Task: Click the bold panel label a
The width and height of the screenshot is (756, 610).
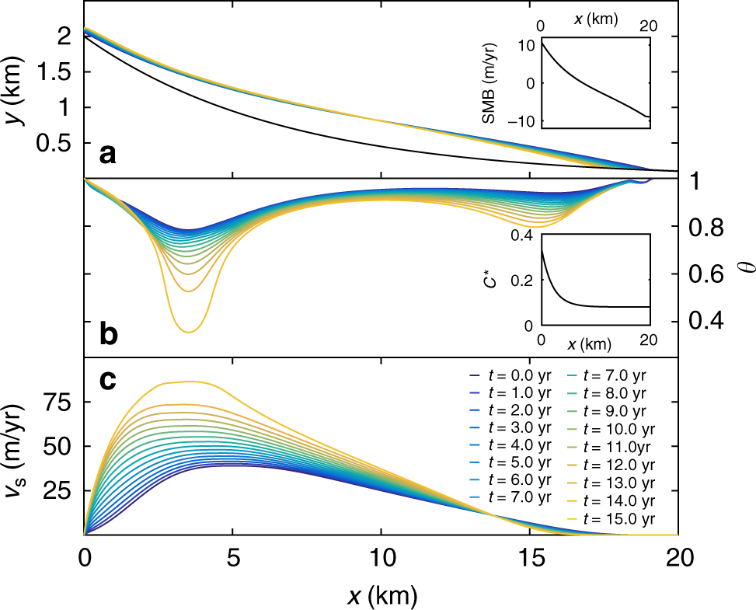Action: pyautogui.click(x=108, y=155)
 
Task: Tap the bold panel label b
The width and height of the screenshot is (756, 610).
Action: pyautogui.click(x=108, y=334)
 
